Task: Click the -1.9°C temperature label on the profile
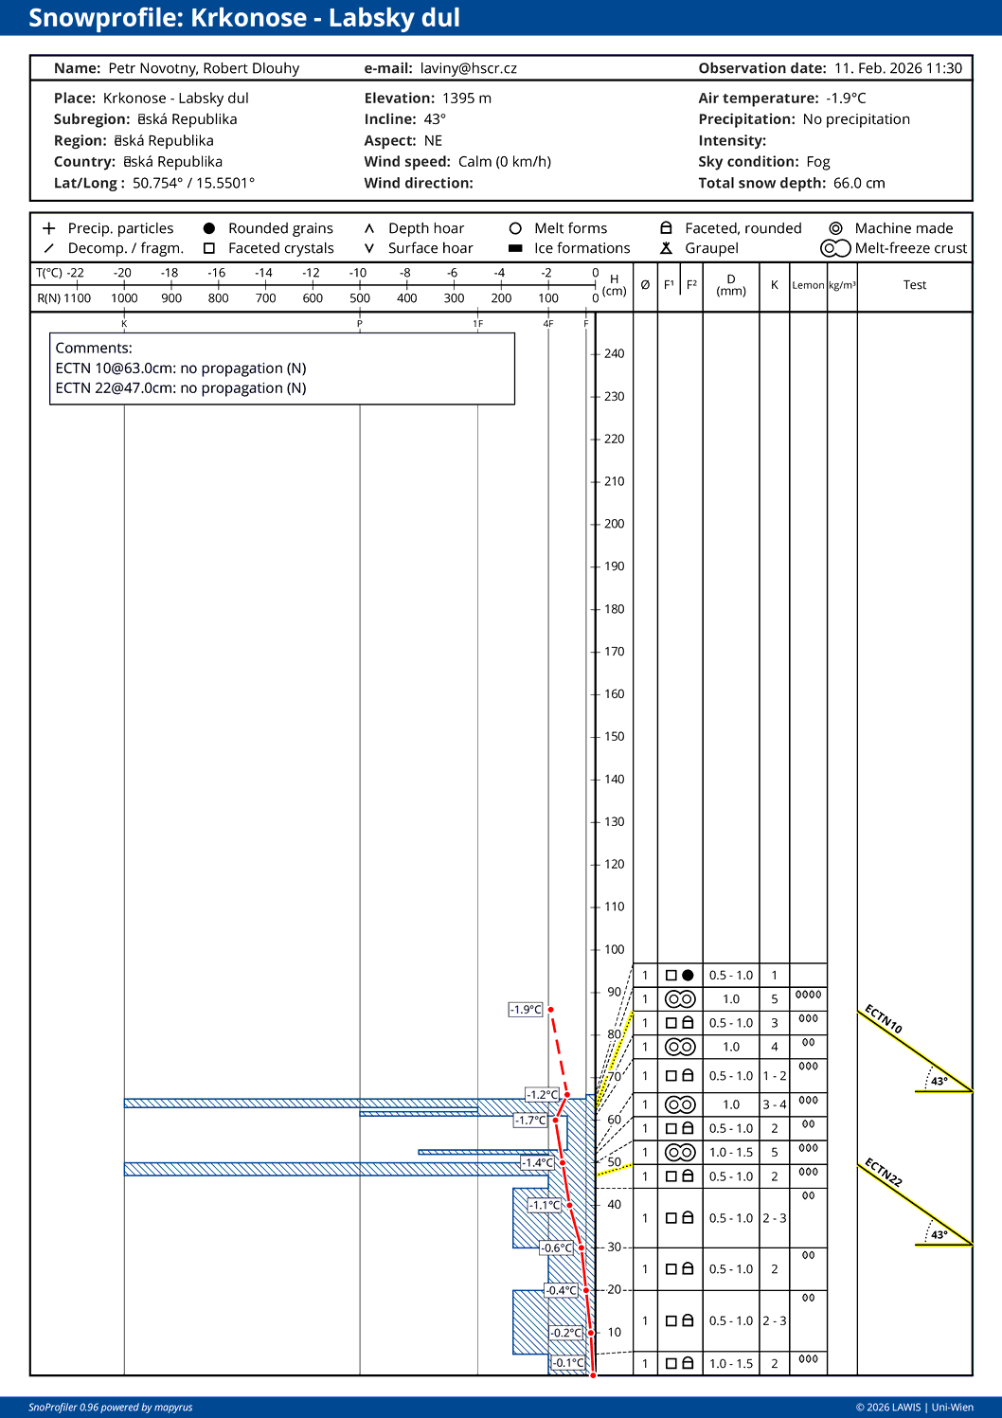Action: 526,1010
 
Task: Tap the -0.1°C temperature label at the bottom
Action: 568,1363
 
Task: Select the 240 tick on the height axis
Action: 615,354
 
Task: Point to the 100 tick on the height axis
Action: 615,949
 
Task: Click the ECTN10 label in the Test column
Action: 883,1019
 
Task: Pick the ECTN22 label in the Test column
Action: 883,1173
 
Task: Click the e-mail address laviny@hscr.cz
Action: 469,68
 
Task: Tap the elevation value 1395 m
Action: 467,99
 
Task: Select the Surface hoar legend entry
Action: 430,248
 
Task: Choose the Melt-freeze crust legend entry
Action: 910,248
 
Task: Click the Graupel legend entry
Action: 711,248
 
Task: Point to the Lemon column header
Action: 808,285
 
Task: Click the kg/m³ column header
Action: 842,285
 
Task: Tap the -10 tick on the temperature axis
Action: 358,273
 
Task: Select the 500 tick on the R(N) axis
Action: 360,298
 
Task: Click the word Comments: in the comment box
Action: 94,349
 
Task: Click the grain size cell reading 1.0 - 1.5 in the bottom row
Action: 731,1364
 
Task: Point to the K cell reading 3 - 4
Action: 775,1104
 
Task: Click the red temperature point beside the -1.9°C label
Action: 550,1010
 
